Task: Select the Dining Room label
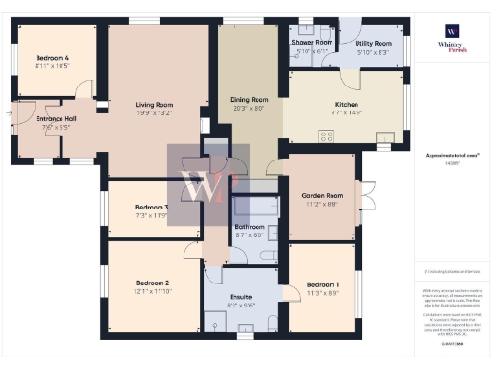tap(249, 99)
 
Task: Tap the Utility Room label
tap(373, 44)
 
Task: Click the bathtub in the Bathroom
tap(253, 207)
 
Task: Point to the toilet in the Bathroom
tap(266, 255)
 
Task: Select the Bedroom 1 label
tap(323, 285)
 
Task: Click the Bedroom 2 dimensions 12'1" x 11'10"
tap(153, 293)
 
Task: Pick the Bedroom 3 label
tap(152, 208)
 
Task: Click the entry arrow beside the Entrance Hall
tap(8, 114)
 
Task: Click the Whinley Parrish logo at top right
tap(452, 37)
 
